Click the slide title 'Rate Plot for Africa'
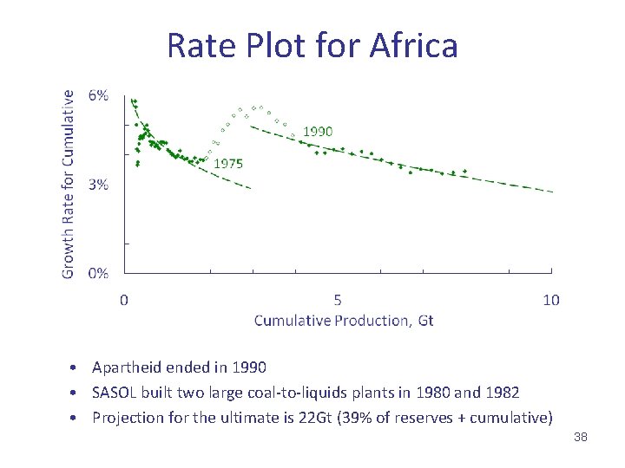312,45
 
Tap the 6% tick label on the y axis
98,96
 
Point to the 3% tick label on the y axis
98,185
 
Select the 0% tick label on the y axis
98,273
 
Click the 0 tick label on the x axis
124,300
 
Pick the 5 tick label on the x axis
338,300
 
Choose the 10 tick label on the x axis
551,300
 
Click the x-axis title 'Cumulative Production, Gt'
344,321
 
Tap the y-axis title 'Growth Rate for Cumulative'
68,185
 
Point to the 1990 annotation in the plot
317,131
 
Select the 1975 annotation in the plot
227,163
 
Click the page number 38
581,438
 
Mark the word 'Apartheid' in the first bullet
126,368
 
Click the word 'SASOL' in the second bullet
115,393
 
